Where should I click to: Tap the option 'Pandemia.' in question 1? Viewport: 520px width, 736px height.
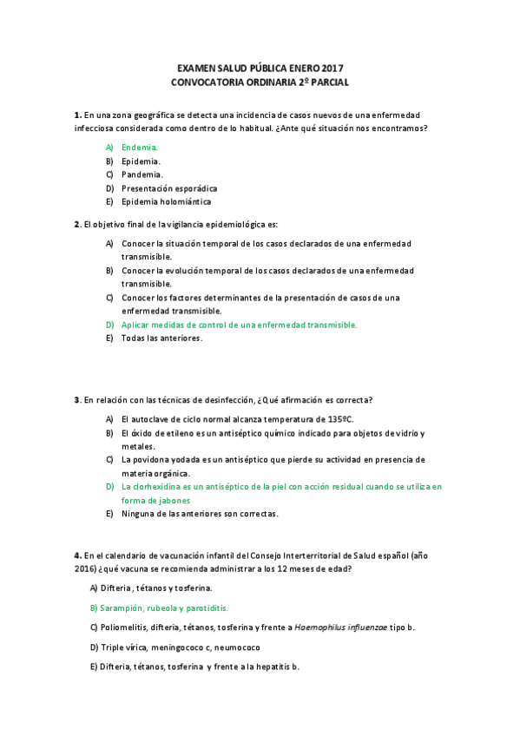pyautogui.click(x=142, y=174)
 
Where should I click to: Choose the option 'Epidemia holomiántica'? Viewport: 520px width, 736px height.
pyautogui.click(x=166, y=201)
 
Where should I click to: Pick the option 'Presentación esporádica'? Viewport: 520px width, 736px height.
pyautogui.click(x=169, y=188)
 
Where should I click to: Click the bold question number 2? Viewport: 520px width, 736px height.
pyautogui.click(x=77, y=225)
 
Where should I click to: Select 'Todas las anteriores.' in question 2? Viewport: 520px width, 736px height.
pyautogui.click(x=161, y=338)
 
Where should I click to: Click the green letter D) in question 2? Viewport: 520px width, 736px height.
pyautogui.click(x=110, y=325)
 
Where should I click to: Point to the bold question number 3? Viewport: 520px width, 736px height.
pyautogui.click(x=77, y=400)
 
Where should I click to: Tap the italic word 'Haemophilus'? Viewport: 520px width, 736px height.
pyautogui.click(x=322, y=628)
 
